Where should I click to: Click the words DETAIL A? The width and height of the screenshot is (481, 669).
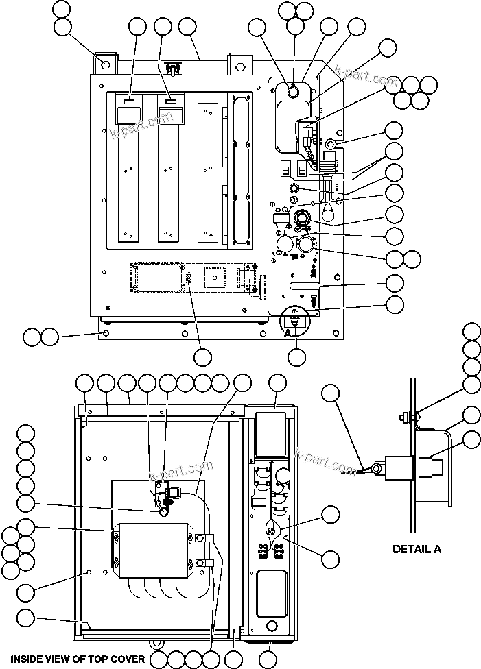pyautogui.click(x=417, y=548)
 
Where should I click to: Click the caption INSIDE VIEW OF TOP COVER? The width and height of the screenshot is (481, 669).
pyautogui.click(x=77, y=659)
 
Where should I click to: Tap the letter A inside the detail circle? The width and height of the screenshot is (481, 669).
pyautogui.click(x=289, y=332)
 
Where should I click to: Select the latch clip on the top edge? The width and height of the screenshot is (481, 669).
pyautogui.click(x=174, y=69)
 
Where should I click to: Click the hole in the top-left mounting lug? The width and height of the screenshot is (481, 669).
pyautogui.click(x=105, y=64)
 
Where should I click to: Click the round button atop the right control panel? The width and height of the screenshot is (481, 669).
pyautogui.click(x=292, y=90)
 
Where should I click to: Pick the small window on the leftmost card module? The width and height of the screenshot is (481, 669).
pyautogui.click(x=129, y=101)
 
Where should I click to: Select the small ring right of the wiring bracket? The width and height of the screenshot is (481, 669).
pyautogui.click(x=329, y=145)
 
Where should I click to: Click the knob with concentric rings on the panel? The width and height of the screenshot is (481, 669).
pyautogui.click(x=301, y=219)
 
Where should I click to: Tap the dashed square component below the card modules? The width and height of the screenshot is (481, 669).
pyautogui.click(x=215, y=276)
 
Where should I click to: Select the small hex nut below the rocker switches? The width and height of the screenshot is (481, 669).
pyautogui.click(x=294, y=188)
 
